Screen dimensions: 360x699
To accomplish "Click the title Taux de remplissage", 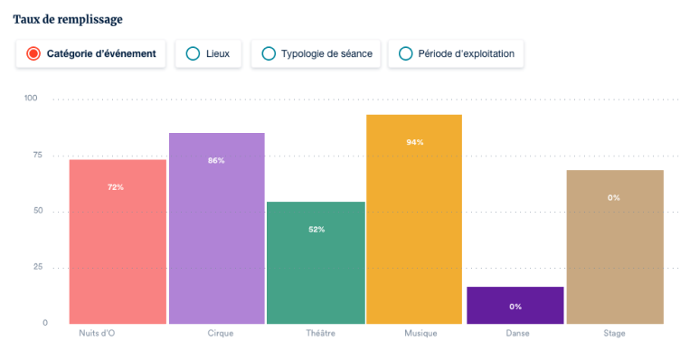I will pos(68,18).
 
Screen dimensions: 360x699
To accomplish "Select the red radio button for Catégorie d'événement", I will pos(33,53).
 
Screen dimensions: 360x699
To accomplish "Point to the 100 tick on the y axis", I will pos(31,98).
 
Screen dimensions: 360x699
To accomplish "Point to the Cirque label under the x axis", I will pos(220,334).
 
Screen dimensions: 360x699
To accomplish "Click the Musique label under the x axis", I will pos(420,334).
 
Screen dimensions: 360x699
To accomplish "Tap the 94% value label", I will pos(415,142).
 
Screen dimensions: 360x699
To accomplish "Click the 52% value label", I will pos(316,229).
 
